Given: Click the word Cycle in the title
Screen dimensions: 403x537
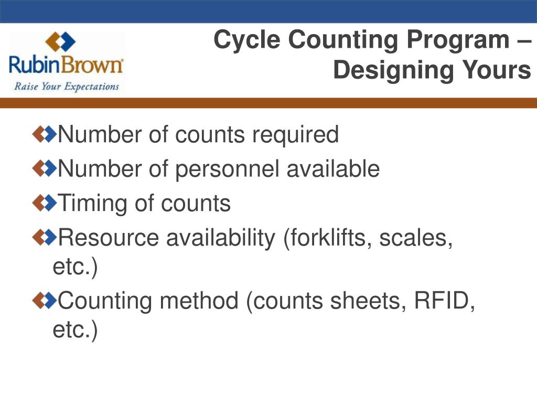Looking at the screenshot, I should click(x=248, y=41).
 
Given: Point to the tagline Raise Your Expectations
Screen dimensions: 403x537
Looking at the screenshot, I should click(x=67, y=86).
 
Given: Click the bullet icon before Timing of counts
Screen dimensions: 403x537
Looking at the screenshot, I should click(x=44, y=204).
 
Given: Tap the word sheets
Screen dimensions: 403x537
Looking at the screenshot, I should click(x=373, y=301).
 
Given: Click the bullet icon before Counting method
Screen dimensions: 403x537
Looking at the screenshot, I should click(x=44, y=301).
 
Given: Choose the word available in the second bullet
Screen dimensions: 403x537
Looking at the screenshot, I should click(x=332, y=169).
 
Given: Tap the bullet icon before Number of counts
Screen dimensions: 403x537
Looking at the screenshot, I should click(x=44, y=135).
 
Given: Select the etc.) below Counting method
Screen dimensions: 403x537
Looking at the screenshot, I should click(x=75, y=331).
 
